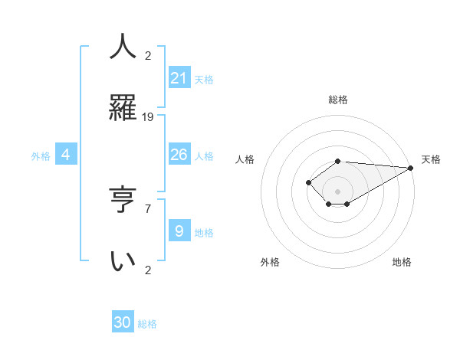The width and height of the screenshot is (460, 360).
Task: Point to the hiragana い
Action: point(123,260)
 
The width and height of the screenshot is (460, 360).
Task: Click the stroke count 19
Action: point(148,116)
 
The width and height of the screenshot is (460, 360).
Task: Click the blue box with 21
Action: point(179,77)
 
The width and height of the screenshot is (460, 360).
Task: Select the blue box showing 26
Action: point(179,155)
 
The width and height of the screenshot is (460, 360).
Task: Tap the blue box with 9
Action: point(179,231)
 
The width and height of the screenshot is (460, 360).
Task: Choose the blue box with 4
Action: point(66,155)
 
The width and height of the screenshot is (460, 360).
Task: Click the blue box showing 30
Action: point(123,322)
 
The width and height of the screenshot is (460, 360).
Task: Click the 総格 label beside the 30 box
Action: point(147,324)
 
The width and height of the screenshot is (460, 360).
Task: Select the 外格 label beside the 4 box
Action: point(41,156)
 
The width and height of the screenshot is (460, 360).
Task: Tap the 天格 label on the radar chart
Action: point(431,159)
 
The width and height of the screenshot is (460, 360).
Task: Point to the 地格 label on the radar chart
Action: point(402,262)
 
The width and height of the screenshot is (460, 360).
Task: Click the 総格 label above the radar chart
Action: point(338,100)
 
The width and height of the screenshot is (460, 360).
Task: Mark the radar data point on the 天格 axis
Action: point(411,168)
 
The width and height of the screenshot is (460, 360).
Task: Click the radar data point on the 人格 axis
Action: point(308,182)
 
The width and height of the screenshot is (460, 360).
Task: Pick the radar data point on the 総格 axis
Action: point(338,161)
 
